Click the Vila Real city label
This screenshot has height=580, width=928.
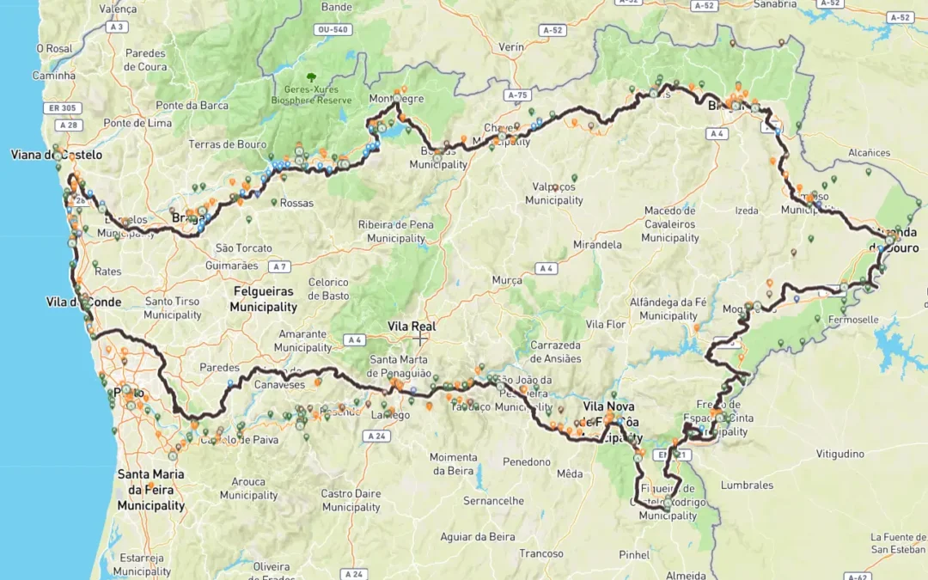412,327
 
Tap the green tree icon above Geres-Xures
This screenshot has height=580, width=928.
311,77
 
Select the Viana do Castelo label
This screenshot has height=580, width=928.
56,156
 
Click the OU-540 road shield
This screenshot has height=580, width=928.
333,29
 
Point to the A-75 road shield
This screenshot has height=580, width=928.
516,95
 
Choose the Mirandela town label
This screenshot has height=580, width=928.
597,244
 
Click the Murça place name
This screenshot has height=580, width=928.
507,281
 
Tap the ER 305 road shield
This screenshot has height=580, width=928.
62,108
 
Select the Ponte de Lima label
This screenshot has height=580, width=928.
137,123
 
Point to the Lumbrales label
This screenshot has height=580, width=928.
747,485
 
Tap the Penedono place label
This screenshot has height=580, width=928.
527,462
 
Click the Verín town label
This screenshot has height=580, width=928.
510,46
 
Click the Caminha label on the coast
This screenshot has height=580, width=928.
54,76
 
